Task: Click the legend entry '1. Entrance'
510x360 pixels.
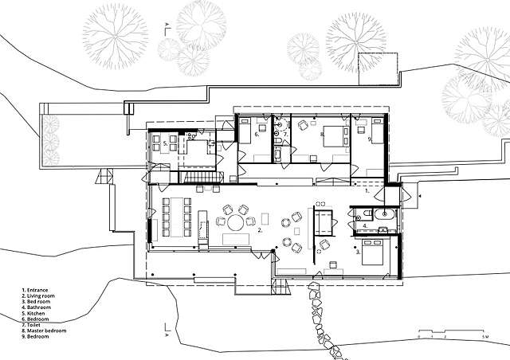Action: click(37, 290)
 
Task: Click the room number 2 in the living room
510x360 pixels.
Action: click(260, 230)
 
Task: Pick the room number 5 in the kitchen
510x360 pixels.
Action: click(165, 143)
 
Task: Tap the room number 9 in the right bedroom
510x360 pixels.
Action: click(370, 139)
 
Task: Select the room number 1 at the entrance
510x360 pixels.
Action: click(366, 192)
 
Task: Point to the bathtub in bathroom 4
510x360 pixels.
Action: click(392, 214)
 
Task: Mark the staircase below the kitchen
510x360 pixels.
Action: click(197, 177)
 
